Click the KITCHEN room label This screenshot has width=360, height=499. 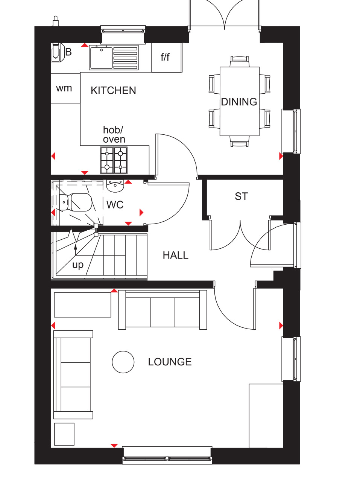click(x=113, y=90)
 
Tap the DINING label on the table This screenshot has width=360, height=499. click(x=239, y=102)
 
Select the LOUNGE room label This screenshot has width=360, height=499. click(x=170, y=362)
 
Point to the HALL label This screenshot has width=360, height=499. click(x=175, y=255)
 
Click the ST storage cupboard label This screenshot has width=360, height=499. click(x=241, y=196)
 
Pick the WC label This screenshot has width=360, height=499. click(x=115, y=205)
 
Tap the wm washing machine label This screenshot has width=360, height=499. click(x=64, y=88)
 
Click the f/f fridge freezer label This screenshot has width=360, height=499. click(x=165, y=57)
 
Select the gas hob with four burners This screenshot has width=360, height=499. click(x=114, y=160)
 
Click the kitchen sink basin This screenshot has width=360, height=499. click(x=101, y=58)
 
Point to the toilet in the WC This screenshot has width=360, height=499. click(x=76, y=202)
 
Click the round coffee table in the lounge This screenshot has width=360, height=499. click(x=123, y=362)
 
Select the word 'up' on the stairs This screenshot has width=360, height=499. click(x=78, y=265)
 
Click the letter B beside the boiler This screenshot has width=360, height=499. click(x=68, y=52)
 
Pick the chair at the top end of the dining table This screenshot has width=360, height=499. click(x=239, y=61)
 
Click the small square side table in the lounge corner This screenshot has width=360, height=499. click(x=64, y=434)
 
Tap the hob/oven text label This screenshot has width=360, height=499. click(x=114, y=134)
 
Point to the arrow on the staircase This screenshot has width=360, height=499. click(x=76, y=249)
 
